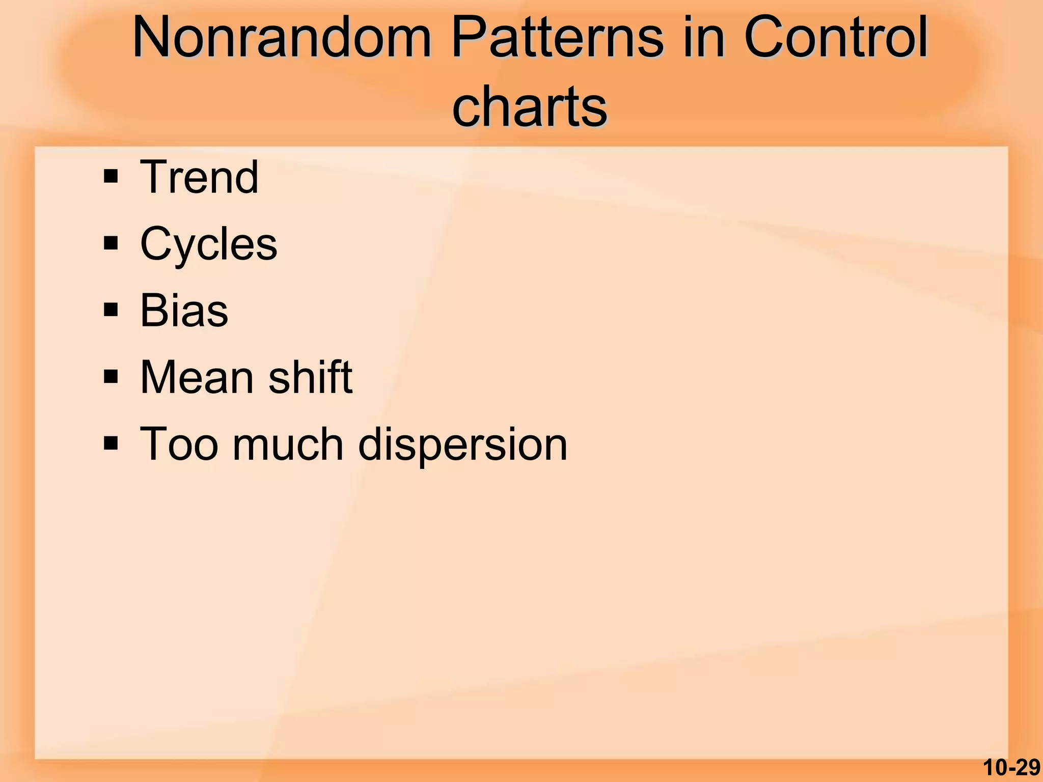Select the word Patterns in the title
tap(558, 39)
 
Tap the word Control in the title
tap(836, 39)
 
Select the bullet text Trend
tap(199, 177)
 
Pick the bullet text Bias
tap(184, 311)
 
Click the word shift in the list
tap(310, 377)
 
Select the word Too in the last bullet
tap(179, 444)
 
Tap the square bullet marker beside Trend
tap(111, 177)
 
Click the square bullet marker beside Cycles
tap(111, 243)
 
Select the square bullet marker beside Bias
tap(111, 310)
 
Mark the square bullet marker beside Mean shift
tap(111, 377)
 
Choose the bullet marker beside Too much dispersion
tap(111, 444)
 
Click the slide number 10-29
tap(1011, 768)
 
